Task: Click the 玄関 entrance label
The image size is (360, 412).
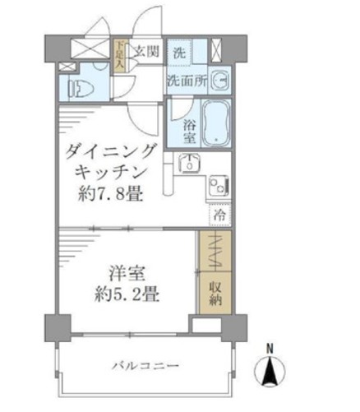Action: pyautogui.click(x=146, y=51)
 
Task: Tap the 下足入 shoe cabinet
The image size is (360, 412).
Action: pyautogui.click(x=120, y=57)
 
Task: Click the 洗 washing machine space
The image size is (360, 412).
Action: pyautogui.click(x=178, y=52)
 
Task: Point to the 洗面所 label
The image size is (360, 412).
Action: pyautogui.click(x=184, y=81)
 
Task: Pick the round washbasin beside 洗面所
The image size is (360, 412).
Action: pyautogui.click(x=219, y=80)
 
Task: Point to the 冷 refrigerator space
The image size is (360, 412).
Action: pyautogui.click(x=219, y=215)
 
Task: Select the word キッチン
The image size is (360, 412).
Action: pyautogui.click(x=104, y=174)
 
